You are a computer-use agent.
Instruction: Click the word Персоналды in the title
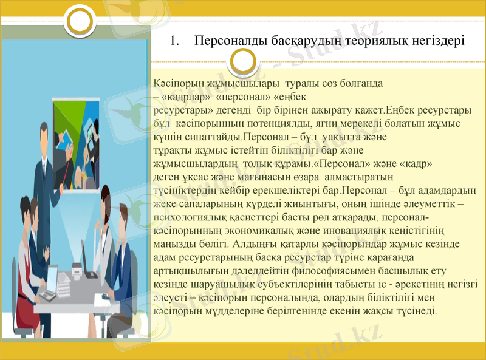tap(228, 42)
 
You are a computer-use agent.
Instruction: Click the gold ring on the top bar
tap(80, 21)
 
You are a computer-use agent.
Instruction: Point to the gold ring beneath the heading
tap(243, 61)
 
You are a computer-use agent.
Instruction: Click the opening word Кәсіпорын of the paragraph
tap(173, 81)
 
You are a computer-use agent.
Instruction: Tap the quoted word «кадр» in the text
tap(415, 164)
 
